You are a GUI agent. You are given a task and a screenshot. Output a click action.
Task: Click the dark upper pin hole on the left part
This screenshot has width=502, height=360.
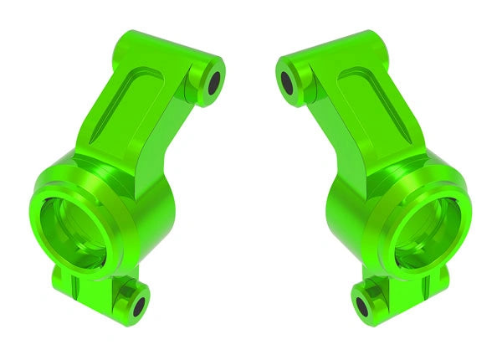click(x=214, y=82)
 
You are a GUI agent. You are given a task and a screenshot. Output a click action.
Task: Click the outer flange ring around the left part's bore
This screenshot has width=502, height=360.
click(x=42, y=243)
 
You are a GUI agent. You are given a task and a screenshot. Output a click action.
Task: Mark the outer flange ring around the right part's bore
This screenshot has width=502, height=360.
click(x=461, y=243)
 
